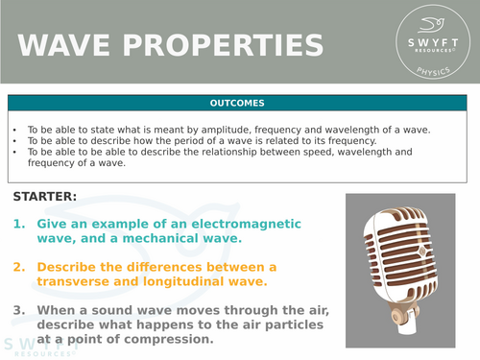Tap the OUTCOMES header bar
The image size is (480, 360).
click(239, 103)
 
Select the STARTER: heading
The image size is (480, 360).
click(46, 198)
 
